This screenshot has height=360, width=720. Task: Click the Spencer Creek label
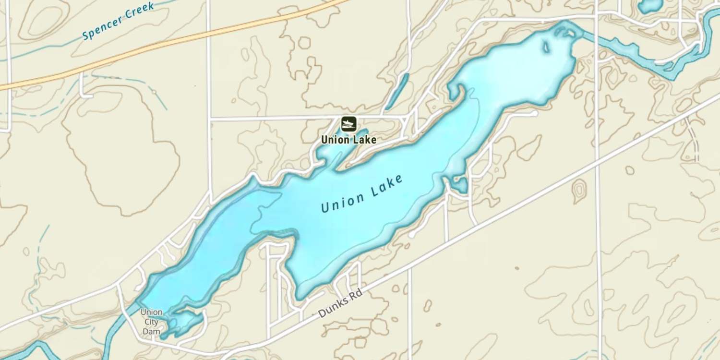pos(118,21)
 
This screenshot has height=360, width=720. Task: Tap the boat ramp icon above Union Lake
pos(348,124)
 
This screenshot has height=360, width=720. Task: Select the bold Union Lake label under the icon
pos(348,140)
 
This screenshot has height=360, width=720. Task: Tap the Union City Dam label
pos(151,322)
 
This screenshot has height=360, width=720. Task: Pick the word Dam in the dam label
pos(151,331)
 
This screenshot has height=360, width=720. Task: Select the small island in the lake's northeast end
pos(546,47)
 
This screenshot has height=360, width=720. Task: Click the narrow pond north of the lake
pos(397,91)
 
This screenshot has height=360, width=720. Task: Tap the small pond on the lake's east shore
pos(460,185)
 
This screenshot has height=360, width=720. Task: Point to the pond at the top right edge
pos(650,6)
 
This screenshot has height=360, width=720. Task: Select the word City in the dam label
pos(151,322)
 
